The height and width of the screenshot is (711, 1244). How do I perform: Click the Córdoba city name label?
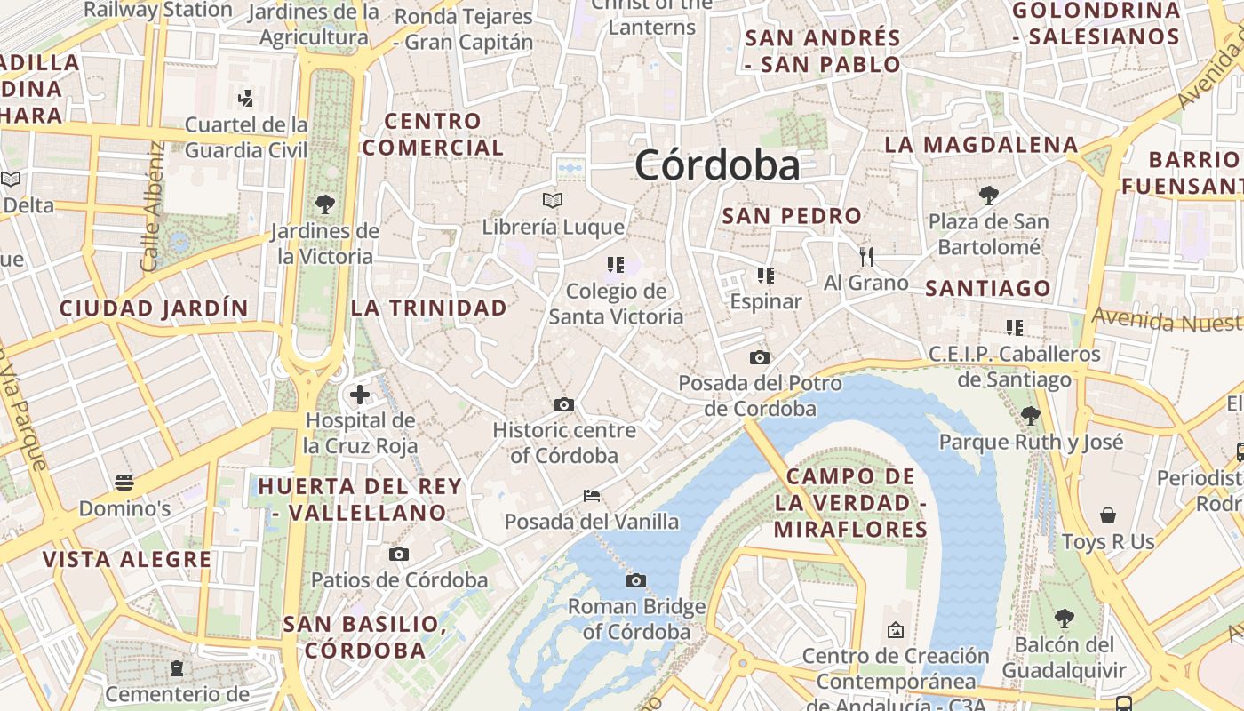click(x=717, y=165)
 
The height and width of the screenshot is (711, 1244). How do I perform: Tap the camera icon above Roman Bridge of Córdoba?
click(x=635, y=581)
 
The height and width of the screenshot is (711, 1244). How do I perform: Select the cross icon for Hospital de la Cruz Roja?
click(x=360, y=395)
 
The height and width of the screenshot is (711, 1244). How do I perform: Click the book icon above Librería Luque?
click(x=553, y=200)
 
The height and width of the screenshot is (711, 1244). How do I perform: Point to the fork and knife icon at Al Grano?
click(x=866, y=257)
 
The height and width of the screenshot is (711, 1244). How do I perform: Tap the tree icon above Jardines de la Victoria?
click(x=325, y=204)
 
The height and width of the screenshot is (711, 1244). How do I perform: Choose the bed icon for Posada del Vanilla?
click(x=592, y=496)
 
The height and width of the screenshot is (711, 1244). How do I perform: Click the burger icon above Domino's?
click(x=124, y=483)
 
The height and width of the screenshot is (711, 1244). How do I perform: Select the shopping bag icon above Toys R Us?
click(x=1108, y=515)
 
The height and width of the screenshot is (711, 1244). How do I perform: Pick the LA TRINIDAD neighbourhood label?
click(x=429, y=308)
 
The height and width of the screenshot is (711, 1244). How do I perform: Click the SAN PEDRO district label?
click(x=792, y=216)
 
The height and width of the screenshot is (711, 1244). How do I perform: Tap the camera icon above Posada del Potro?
click(x=759, y=357)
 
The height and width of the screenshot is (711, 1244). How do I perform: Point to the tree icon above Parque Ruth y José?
click(x=1031, y=415)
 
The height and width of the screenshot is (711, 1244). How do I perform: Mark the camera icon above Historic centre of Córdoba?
click(x=563, y=405)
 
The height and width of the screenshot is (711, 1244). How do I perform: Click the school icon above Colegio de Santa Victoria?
click(x=615, y=264)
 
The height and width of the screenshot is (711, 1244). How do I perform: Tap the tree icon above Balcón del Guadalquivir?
click(x=1064, y=619)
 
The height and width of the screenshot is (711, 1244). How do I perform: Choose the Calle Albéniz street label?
click(x=152, y=207)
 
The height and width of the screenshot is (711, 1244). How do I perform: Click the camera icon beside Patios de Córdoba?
click(x=399, y=555)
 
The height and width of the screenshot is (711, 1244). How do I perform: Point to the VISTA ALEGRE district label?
click(x=128, y=560)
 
